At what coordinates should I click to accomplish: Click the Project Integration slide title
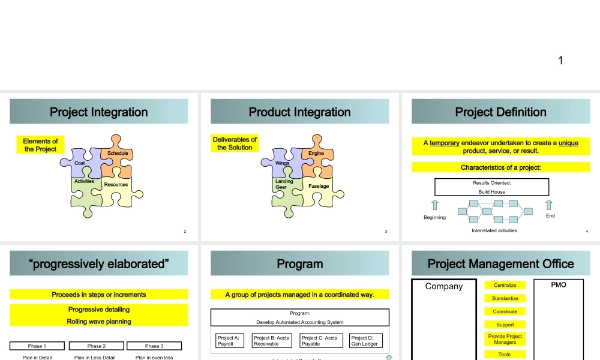(x=98, y=112)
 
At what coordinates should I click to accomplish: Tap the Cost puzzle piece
(x=80, y=163)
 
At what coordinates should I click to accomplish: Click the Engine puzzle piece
(x=316, y=155)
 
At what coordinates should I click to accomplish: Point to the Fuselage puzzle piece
(x=319, y=187)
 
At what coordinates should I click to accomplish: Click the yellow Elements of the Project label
(x=41, y=145)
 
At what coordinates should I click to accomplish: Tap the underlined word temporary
(x=445, y=143)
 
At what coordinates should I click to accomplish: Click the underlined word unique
(x=568, y=143)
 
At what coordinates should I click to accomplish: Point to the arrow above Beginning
(x=435, y=205)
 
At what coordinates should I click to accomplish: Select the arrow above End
(x=548, y=205)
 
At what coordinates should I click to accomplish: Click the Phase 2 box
(x=96, y=346)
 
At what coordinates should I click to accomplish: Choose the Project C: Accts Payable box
(x=319, y=341)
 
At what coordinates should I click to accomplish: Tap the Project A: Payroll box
(x=229, y=341)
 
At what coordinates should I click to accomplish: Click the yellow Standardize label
(x=505, y=298)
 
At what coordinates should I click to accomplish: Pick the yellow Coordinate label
(x=505, y=311)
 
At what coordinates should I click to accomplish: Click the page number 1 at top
(x=560, y=60)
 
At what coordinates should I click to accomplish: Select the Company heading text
(x=444, y=286)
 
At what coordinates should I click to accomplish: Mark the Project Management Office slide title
(x=500, y=264)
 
